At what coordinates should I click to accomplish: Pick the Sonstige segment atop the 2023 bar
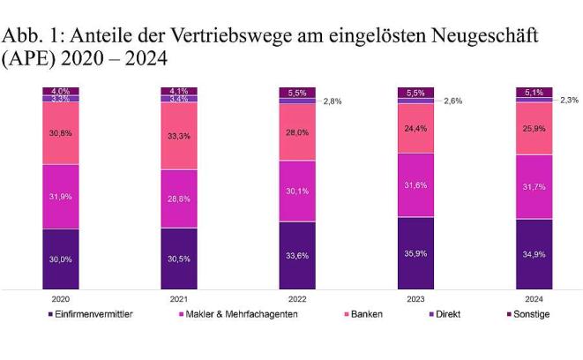(x=415, y=93)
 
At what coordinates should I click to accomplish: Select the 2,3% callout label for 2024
(x=568, y=100)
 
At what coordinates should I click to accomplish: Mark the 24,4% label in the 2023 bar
(x=415, y=126)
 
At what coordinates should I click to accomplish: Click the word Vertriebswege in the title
(x=228, y=37)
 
